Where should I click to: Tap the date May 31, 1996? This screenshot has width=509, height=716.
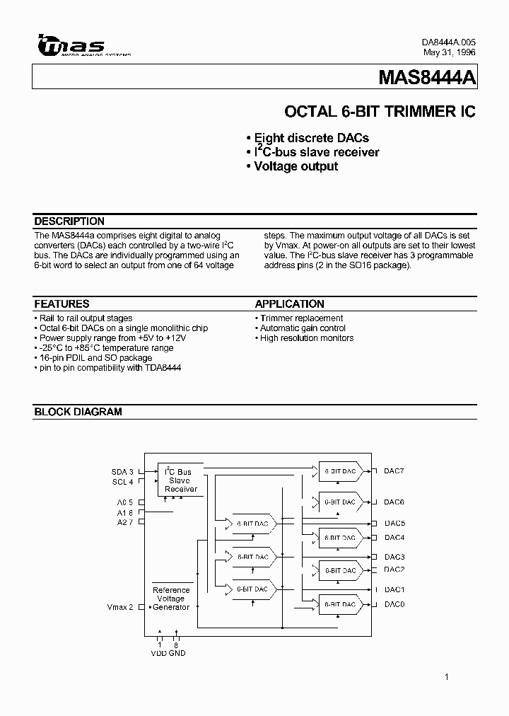point(449,52)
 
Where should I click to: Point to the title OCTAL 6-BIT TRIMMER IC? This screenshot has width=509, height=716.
point(380,112)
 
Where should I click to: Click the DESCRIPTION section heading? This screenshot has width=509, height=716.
point(69,221)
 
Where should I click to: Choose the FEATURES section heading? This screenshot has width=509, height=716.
point(62,304)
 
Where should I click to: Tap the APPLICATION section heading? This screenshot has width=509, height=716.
point(290,304)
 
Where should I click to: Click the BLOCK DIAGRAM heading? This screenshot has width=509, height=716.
point(78,412)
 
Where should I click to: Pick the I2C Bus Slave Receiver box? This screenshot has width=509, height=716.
point(181,480)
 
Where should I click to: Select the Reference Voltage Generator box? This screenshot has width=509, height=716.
point(171,599)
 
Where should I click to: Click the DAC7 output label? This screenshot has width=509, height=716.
point(394,471)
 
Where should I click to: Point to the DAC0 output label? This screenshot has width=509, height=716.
point(394,604)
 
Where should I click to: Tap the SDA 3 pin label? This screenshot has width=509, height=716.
point(122,471)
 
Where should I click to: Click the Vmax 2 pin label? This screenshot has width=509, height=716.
point(120,607)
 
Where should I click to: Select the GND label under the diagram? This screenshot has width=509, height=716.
point(177,653)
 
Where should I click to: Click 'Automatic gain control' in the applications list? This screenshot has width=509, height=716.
point(303,328)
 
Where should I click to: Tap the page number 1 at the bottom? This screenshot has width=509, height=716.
point(447,678)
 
